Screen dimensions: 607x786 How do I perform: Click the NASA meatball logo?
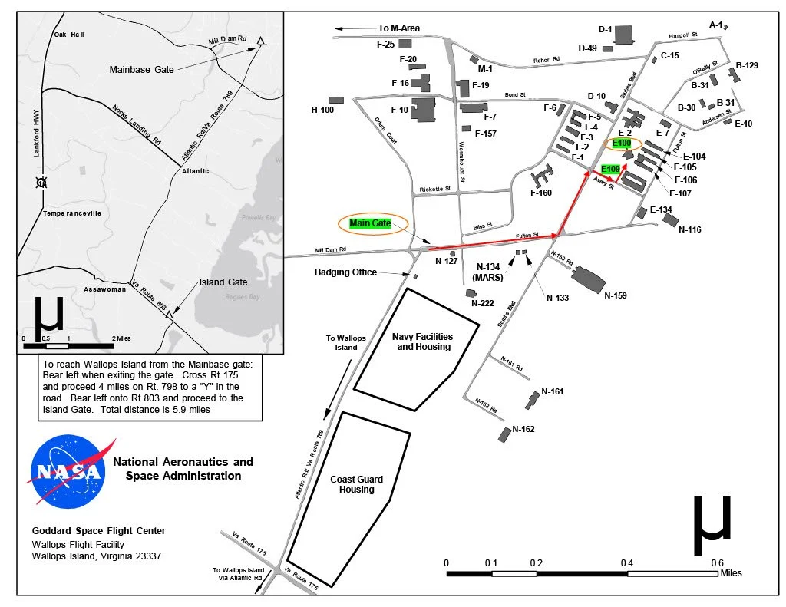[x=67, y=471]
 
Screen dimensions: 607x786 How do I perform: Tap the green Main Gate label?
[x=370, y=223]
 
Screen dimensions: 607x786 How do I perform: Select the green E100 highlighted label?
[x=623, y=144]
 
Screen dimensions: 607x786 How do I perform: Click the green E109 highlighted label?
[x=610, y=169]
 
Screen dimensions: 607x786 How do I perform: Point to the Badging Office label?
[x=345, y=272]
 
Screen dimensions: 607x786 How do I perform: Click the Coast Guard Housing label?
[x=356, y=484]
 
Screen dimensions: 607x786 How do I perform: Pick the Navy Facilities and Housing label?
[x=423, y=341]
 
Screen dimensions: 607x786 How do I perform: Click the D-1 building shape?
[x=623, y=35]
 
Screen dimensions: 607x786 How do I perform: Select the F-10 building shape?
[x=424, y=109]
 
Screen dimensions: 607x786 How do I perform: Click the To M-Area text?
[x=399, y=28]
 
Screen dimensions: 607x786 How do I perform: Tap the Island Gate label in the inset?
[x=223, y=282]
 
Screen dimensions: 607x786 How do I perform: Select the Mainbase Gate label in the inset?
[x=142, y=69]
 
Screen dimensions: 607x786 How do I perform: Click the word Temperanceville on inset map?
[x=73, y=213]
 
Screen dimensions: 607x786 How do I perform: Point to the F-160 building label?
[x=541, y=193]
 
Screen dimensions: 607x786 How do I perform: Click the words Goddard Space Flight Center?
[x=98, y=531]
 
